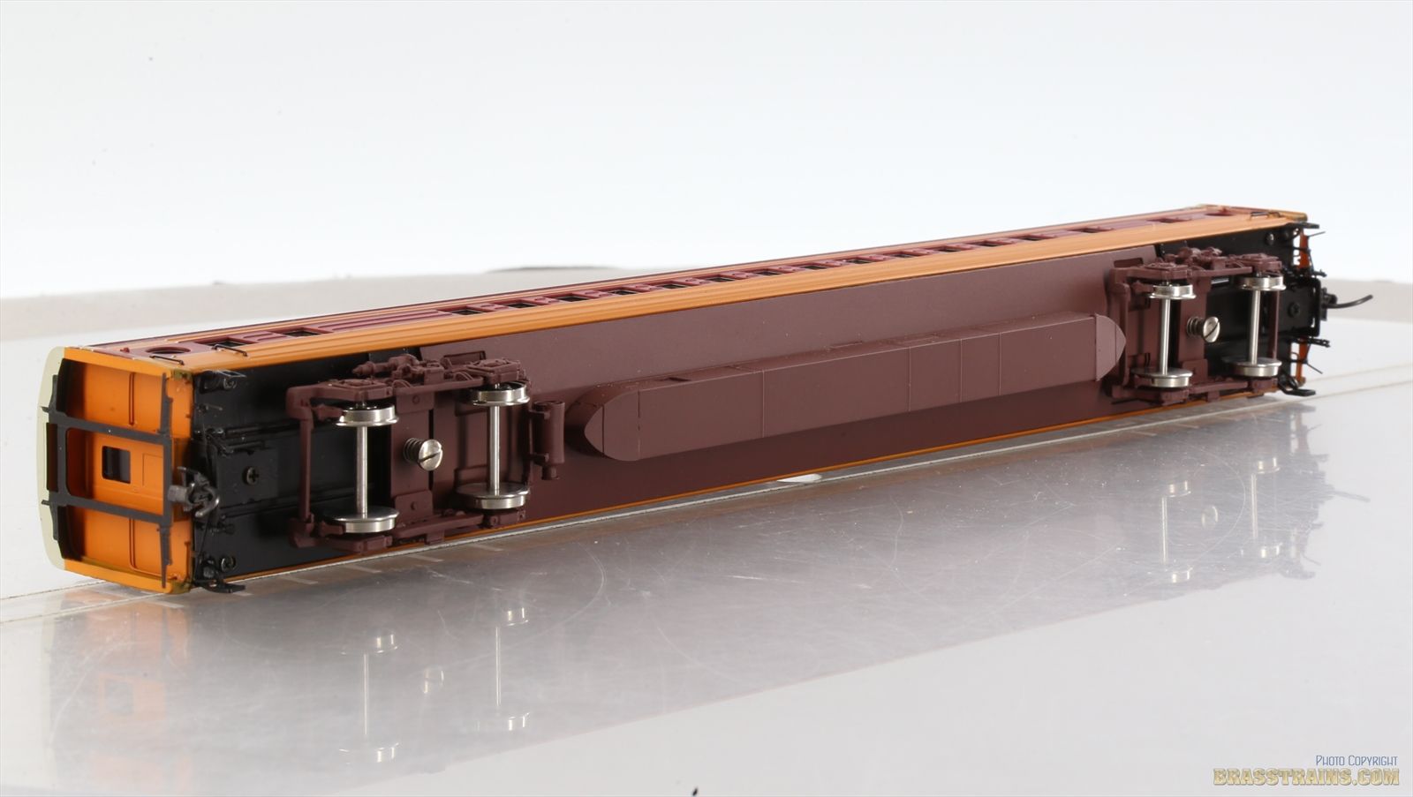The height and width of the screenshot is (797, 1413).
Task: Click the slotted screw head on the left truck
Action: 424,454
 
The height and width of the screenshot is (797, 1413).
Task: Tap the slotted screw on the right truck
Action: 1204,328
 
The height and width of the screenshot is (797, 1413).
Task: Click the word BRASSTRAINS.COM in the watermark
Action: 1306,777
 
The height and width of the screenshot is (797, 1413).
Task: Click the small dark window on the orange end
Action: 116,465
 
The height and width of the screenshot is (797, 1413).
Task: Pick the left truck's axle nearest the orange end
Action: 362,468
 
